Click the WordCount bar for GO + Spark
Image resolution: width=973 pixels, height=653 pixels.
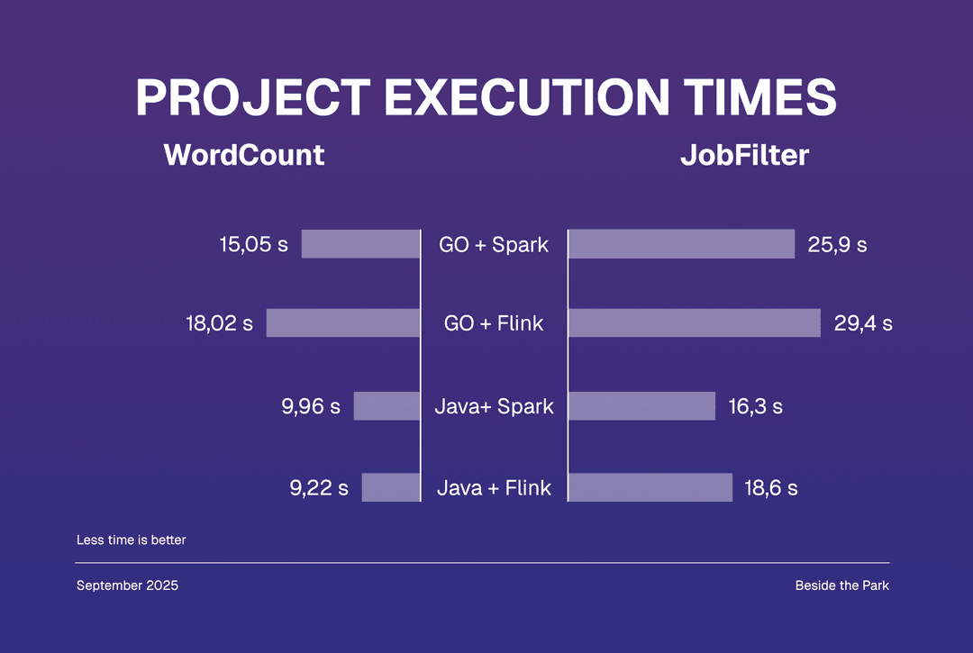360,244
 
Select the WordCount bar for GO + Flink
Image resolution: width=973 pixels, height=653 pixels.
343,323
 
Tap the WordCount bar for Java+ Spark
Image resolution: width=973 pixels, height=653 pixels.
386,406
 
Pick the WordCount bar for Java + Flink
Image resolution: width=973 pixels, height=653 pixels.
391,487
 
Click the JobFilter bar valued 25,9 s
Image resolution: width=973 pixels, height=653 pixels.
681,244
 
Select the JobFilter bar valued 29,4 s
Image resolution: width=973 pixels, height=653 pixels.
694,323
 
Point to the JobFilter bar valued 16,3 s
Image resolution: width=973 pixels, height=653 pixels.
641,406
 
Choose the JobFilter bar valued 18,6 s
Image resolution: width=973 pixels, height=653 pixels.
650,487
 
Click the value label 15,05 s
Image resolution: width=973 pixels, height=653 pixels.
253,244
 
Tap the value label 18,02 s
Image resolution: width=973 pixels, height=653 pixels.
220,323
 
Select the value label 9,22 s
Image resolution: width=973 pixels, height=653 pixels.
319,488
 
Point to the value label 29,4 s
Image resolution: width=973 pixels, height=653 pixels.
863,323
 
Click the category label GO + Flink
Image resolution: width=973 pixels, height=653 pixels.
494,323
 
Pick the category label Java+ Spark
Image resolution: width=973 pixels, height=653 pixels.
494,406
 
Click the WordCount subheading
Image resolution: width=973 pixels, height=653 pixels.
244,155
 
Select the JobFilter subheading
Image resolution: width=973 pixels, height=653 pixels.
744,155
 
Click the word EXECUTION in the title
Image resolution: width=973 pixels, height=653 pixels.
520,97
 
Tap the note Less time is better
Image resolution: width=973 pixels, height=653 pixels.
131,540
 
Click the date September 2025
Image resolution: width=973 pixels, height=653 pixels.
127,585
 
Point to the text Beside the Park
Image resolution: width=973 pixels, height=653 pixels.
841,585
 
